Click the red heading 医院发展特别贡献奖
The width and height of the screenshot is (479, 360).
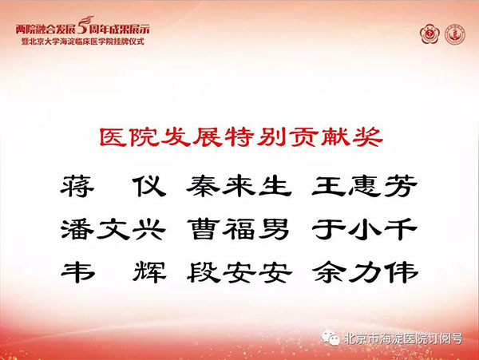(x=241, y=137)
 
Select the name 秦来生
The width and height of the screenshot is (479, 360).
(x=239, y=186)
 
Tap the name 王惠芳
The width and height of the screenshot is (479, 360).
(x=365, y=186)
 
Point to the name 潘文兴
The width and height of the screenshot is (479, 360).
(x=113, y=229)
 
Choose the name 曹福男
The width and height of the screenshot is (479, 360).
(x=238, y=229)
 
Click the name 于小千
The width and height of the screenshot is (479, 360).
(x=365, y=229)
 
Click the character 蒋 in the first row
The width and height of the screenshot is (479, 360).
(x=77, y=186)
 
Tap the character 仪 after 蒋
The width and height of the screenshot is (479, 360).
(x=150, y=186)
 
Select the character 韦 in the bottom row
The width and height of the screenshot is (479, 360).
(x=77, y=272)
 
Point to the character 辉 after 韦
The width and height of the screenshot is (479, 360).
(x=150, y=272)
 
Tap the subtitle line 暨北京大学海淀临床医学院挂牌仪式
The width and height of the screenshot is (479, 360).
(x=82, y=42)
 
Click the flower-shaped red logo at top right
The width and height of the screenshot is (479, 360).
(x=430, y=34)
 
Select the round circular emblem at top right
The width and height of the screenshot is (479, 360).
(x=454, y=34)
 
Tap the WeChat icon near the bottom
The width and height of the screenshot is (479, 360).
(x=331, y=338)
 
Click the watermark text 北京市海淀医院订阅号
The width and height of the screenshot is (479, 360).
(x=403, y=338)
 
